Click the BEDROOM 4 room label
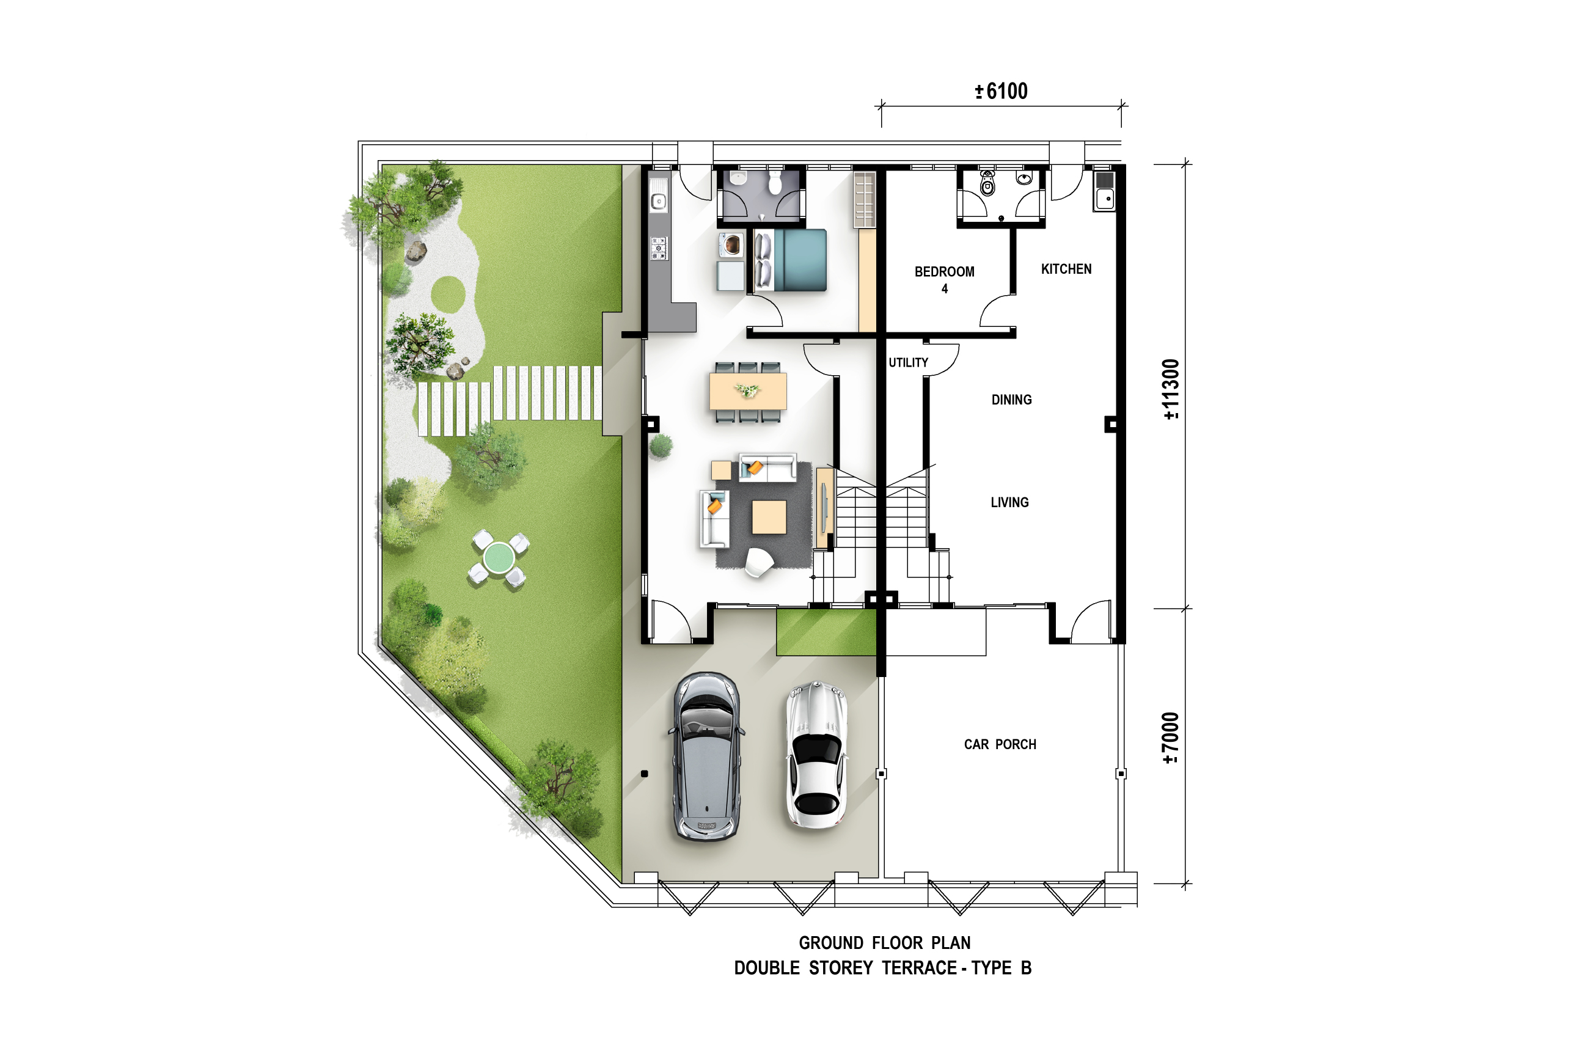coord(944,280)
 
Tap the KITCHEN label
coord(1066,269)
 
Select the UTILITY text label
coord(908,362)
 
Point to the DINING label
coord(1011,400)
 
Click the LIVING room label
coord(1009,502)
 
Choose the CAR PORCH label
coord(1000,744)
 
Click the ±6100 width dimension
coord(1001,91)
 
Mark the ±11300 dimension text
coord(1171,389)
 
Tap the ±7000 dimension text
coord(1171,738)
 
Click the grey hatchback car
coord(706,756)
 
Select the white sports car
coord(817,755)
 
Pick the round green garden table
coord(499,557)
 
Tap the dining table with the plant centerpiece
coord(748,392)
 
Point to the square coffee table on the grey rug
coord(769,517)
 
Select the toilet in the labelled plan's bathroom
coord(987,183)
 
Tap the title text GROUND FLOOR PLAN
coord(885,943)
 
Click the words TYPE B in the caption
coord(1001,968)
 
